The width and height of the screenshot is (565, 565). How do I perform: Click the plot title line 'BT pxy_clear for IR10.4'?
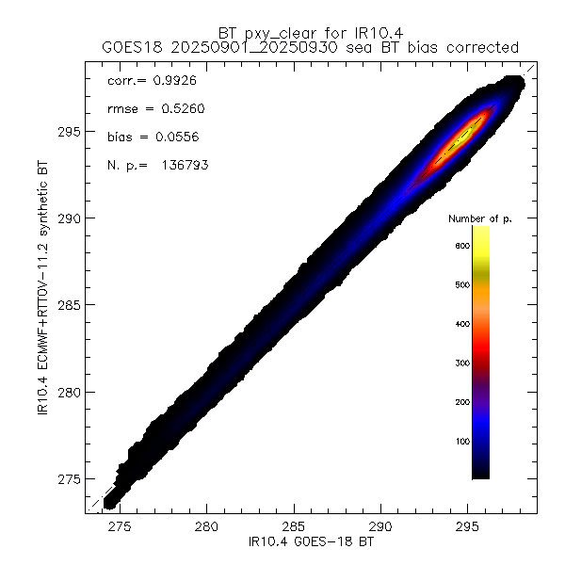click(311, 32)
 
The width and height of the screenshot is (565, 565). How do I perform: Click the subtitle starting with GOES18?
click(311, 47)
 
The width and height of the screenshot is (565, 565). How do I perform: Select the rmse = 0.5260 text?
click(151, 109)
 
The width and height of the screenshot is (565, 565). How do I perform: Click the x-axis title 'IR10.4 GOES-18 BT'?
click(311, 543)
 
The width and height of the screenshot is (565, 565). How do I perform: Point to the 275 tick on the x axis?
click(120, 528)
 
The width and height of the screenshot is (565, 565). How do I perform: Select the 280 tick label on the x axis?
click(206, 528)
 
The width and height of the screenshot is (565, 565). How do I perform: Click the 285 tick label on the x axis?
click(294, 528)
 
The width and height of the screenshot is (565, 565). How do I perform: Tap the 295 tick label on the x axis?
click(468, 528)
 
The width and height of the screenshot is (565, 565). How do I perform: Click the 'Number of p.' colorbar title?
click(479, 218)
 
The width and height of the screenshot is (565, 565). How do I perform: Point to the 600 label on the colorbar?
click(461, 246)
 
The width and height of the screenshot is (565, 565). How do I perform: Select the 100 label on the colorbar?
click(461, 441)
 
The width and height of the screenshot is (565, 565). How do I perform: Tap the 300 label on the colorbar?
click(461, 363)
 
